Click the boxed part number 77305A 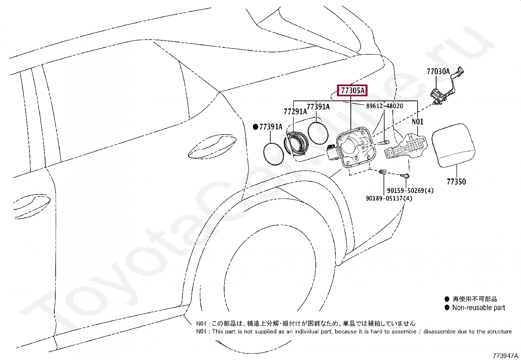click(352, 90)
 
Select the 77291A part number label click(295, 112)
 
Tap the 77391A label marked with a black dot click(271, 127)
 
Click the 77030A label click(438, 71)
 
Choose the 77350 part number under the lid click(456, 182)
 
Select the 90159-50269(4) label click(410, 191)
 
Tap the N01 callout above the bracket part click(417, 122)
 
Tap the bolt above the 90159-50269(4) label click(406, 176)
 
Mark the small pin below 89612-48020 click(384, 142)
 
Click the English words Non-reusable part click(478, 308)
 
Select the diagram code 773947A click(506, 356)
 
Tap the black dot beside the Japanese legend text click(447, 299)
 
